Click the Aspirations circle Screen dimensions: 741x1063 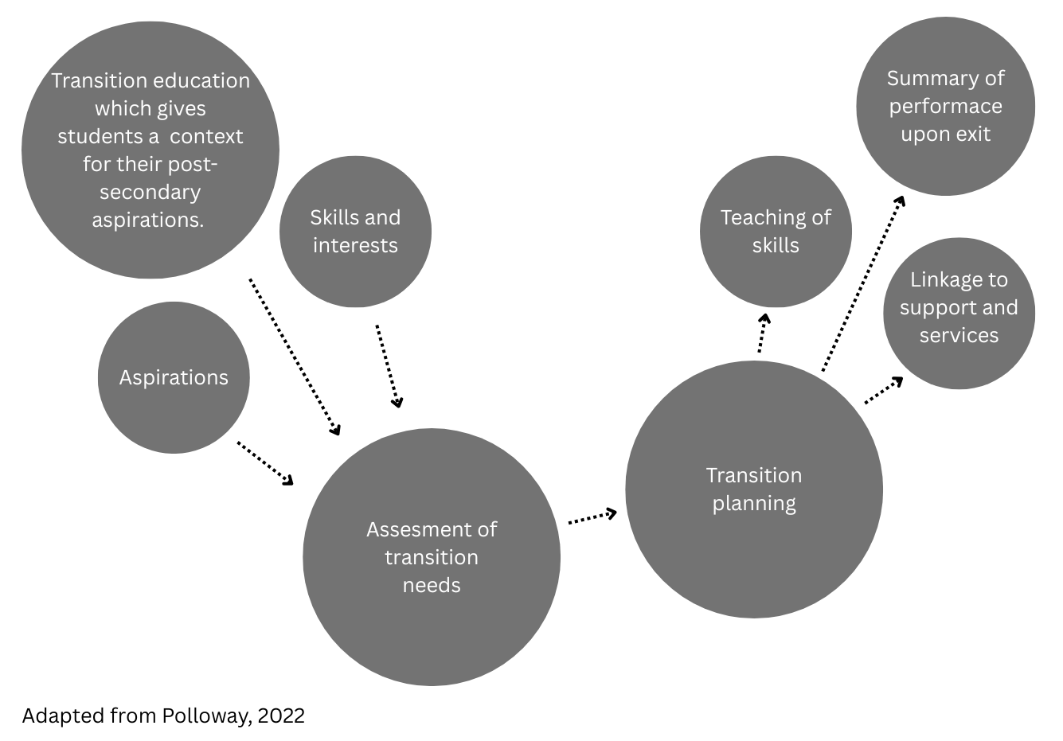tap(174, 377)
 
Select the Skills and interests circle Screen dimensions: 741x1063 tap(355, 232)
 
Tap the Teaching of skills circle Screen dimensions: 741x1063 tap(776, 232)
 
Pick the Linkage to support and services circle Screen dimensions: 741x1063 tap(959, 313)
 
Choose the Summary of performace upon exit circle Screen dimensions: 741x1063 tap(945, 106)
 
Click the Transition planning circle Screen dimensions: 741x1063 tap(753, 489)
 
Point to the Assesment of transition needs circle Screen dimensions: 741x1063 tap(431, 557)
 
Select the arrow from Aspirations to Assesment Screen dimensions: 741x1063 tap(265, 462)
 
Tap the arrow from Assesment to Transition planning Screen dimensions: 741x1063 tap(592, 517)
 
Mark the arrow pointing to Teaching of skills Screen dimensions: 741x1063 tap(762, 333)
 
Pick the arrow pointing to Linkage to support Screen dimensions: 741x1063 tap(884, 390)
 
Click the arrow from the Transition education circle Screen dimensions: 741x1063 tap(295, 357)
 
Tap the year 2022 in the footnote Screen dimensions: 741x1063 tap(281, 716)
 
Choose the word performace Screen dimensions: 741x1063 tap(945, 106)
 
